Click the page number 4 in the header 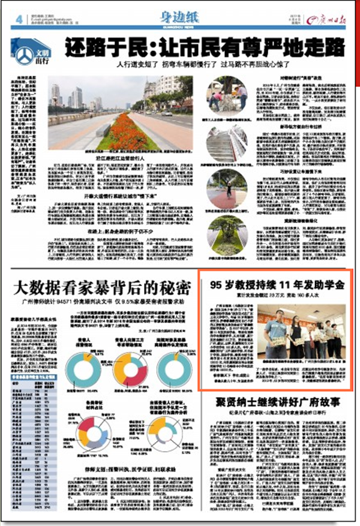pos(20,19)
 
